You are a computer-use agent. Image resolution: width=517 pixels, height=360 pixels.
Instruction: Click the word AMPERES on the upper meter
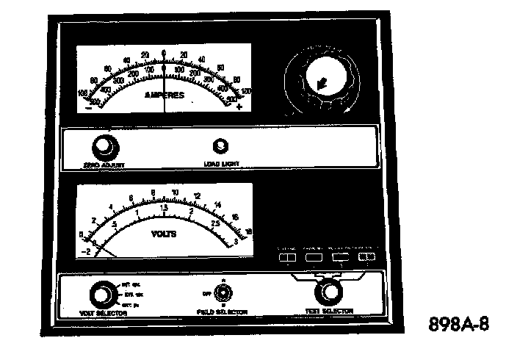click(x=164, y=95)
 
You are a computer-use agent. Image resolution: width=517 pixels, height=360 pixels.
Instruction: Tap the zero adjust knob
click(x=104, y=145)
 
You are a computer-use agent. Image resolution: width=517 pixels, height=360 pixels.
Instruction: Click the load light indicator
click(x=218, y=145)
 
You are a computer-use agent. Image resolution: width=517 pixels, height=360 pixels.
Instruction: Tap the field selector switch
click(x=224, y=293)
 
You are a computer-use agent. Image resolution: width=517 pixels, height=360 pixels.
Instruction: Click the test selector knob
click(x=329, y=292)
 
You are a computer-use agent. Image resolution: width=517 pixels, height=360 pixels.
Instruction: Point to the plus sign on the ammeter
click(x=239, y=107)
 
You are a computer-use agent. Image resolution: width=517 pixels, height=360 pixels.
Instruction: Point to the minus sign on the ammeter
click(x=89, y=107)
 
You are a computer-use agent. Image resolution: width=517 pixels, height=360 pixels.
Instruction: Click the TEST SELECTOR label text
click(x=329, y=312)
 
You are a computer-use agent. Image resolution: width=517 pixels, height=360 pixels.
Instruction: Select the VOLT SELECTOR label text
click(x=104, y=312)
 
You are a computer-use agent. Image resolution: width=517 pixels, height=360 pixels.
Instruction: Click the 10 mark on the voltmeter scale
click(x=175, y=194)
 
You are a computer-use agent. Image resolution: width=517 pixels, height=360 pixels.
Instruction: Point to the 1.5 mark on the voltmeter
click(x=164, y=208)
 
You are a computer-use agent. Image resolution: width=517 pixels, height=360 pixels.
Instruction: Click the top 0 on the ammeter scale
click(x=164, y=53)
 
